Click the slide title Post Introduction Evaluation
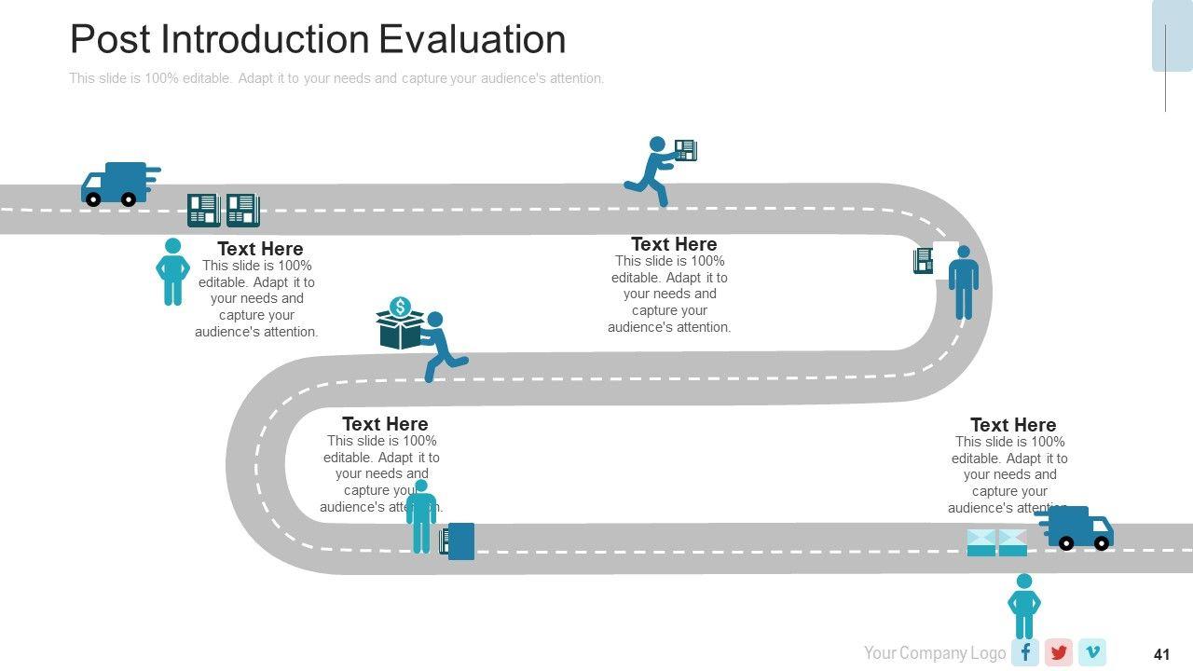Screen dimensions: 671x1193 coord(318,40)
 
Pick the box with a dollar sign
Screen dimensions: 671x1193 coord(400,324)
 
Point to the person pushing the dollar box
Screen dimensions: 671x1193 coord(440,346)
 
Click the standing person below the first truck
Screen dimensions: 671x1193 coord(172,271)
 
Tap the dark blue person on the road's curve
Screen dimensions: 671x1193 coord(963,282)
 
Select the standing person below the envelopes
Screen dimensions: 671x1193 coord(1023,606)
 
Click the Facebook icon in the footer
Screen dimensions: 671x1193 coord(1024,652)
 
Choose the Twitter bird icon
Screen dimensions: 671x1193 coord(1058,652)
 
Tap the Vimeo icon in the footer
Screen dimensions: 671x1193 coord(1091,652)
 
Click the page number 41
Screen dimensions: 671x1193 coord(1161,654)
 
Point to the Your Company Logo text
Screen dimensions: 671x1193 coord(934,653)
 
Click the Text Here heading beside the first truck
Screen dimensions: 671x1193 coord(260,249)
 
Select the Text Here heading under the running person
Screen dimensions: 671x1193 coord(674,244)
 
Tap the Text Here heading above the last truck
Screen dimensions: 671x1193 coord(1012,425)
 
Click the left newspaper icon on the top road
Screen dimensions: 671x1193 coord(203,210)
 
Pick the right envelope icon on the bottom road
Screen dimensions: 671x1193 coord(1012,542)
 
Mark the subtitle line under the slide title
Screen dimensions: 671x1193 coord(336,78)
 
